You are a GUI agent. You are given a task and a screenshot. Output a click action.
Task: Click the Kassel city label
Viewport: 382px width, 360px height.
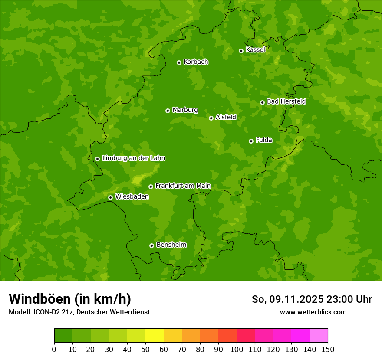255,50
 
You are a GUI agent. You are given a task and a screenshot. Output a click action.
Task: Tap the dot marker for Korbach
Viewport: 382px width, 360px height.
179,62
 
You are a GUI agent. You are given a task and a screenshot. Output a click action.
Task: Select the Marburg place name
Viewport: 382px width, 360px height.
185,110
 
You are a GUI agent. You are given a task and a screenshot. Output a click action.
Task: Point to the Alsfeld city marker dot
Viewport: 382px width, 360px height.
211,118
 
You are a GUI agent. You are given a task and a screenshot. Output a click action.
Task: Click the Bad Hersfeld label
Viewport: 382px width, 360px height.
286,101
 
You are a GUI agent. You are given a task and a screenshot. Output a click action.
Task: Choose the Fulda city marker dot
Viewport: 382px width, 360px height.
251,141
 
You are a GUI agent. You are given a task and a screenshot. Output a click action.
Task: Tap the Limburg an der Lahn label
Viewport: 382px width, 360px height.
133,158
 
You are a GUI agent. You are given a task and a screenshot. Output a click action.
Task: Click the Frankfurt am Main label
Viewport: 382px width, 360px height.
183,186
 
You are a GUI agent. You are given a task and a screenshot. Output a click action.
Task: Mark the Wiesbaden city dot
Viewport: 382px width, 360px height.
110,197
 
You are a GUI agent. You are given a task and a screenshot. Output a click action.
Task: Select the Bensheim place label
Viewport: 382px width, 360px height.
171,245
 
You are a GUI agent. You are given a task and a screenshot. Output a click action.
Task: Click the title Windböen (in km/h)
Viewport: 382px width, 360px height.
70,299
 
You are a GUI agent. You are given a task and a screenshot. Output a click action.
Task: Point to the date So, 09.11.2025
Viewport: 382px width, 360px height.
287,299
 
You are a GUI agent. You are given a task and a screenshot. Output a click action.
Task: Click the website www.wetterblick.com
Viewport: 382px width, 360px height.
313,312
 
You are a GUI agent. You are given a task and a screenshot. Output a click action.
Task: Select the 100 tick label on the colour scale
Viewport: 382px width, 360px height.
237,349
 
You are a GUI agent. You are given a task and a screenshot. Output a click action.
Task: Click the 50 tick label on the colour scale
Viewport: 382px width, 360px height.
145,349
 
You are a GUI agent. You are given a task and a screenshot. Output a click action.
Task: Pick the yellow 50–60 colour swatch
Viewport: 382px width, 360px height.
155,336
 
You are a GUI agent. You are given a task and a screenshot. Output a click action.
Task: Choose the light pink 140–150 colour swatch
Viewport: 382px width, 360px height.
319,336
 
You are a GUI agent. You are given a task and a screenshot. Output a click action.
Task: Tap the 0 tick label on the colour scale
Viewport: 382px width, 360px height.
54,349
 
